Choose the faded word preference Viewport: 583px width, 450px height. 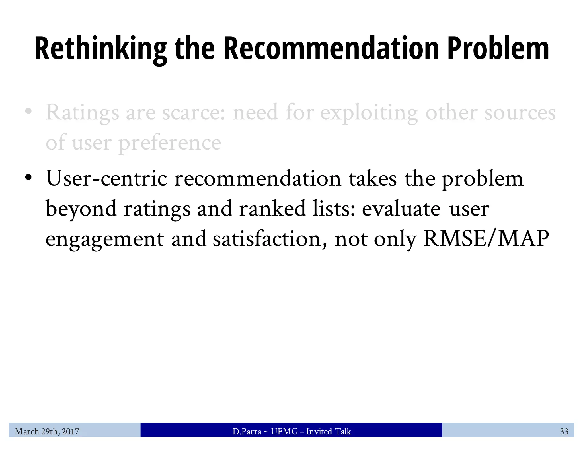(x=170, y=143)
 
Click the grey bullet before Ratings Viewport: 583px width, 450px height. (x=28, y=112)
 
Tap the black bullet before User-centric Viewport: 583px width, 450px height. (x=28, y=177)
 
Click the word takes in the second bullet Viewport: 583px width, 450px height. (x=373, y=179)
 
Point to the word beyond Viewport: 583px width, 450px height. (x=81, y=209)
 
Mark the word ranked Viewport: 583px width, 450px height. (x=272, y=209)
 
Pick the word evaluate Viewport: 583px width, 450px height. (x=401, y=209)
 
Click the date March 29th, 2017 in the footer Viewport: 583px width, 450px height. (x=47, y=432)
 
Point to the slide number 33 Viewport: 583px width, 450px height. (x=564, y=432)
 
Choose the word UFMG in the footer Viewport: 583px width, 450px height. (x=284, y=432)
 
